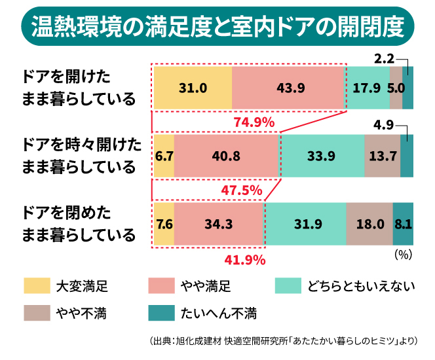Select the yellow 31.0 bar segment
coord(193,88)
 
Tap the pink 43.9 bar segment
coord(288,88)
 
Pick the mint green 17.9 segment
coord(368,88)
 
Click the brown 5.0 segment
coord(396,88)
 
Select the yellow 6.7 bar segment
coord(164,156)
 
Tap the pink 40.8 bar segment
coord(227,156)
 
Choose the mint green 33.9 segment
coord(322,156)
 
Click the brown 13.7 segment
coord(382,156)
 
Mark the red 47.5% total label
coord(242,191)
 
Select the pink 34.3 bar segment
coord(219,224)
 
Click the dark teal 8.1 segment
coord(403,224)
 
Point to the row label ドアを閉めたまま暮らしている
coord(79,223)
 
